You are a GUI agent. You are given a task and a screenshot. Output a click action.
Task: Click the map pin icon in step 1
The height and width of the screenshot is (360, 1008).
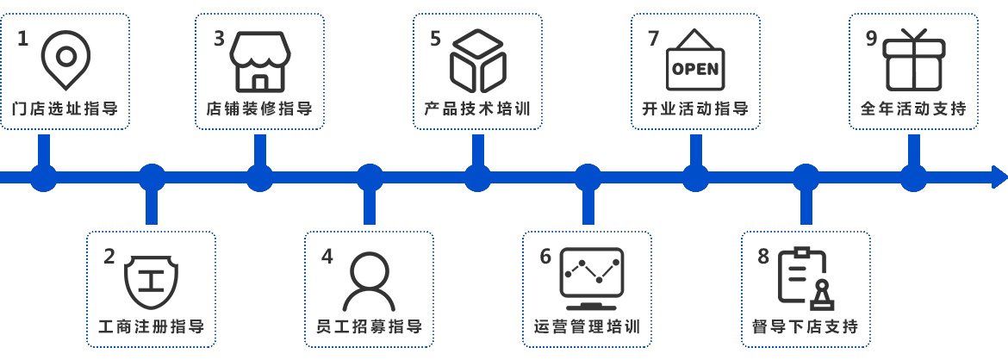coord(65,59)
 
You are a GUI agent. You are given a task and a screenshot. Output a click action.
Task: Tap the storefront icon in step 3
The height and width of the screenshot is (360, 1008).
coord(259,60)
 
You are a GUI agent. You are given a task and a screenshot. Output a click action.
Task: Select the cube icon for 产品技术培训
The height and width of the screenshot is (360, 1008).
coord(477,60)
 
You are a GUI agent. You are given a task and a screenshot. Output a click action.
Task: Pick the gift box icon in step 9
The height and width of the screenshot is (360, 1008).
coord(914,59)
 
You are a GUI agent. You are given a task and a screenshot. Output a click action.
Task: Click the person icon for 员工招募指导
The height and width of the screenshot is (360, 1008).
coord(369,281)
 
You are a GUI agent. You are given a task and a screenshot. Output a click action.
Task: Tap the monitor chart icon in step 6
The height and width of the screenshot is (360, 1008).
coord(590,279)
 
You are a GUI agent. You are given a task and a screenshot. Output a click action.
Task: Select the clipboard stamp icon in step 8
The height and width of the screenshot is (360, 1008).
coord(803,279)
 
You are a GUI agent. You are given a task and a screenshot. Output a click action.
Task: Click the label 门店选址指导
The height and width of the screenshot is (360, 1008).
coord(65,109)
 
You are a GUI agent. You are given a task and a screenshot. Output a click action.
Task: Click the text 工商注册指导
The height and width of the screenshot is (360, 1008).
coord(152,327)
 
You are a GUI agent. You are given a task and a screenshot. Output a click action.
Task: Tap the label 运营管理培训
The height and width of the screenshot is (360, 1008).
coord(588,327)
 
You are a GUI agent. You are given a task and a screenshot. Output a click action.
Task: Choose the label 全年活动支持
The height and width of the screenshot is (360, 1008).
coord(913,109)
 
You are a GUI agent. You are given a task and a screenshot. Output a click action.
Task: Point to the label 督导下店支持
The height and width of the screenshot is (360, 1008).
coord(806,327)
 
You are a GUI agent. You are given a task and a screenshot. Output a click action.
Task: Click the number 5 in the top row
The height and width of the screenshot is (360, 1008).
coord(435,38)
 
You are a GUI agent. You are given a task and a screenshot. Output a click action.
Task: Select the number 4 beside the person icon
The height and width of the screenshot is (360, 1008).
coord(327,257)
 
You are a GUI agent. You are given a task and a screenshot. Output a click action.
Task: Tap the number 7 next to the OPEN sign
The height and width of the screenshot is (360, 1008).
coord(653,38)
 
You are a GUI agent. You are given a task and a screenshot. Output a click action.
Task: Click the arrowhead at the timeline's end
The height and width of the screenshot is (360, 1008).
coord(999,177)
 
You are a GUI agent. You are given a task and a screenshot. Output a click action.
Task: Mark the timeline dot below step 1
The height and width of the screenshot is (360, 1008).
coord(43,177)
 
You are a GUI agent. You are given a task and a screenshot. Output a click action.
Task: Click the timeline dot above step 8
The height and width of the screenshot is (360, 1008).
coord(806,177)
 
